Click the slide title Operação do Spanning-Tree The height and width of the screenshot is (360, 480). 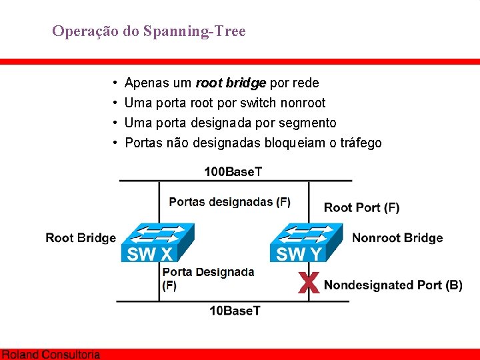(149, 31)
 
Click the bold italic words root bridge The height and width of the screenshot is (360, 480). (231, 83)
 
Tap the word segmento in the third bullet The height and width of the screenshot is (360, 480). (308, 123)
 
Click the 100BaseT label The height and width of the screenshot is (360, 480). (233, 171)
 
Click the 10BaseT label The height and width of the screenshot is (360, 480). (235, 311)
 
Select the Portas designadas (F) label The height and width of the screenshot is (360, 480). (229, 201)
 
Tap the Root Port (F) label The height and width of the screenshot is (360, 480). (361, 207)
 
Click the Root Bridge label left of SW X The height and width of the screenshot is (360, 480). (81, 238)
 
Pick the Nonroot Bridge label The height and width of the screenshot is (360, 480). (397, 238)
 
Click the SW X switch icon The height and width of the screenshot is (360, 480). (157, 241)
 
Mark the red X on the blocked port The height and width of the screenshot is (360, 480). (307, 283)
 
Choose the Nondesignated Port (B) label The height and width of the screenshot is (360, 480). (393, 285)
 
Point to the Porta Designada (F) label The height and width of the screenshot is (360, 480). (207, 278)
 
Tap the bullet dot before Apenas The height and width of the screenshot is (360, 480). (116, 83)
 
